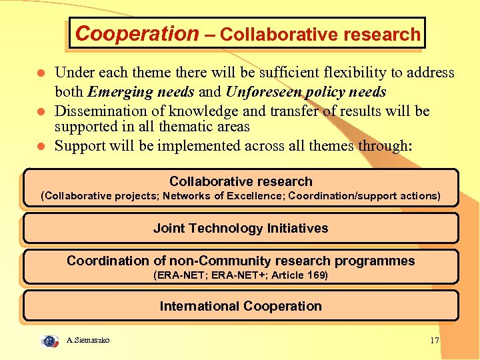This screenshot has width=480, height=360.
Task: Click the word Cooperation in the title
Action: tap(137, 33)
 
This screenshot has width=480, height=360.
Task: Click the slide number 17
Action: tap(435, 341)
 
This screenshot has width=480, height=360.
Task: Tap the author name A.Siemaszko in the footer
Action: tap(89, 341)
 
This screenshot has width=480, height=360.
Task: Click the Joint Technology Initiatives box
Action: tap(241, 228)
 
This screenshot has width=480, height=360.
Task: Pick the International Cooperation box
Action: tap(241, 306)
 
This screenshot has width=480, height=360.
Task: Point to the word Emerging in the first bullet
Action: tap(117, 91)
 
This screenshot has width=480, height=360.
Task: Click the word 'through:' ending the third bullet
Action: tap(385, 145)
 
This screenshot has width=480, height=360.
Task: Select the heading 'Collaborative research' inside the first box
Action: tap(241, 181)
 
